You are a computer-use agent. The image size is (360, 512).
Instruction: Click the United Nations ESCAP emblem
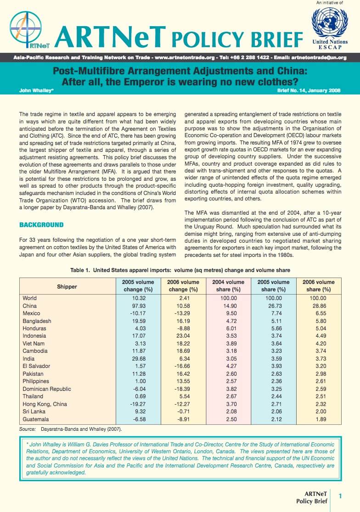329,22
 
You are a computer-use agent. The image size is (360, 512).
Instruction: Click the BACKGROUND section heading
41,225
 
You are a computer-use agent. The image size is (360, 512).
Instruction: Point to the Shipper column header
67,286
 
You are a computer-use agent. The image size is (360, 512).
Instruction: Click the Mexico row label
31,313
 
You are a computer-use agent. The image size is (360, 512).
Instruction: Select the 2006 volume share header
319,286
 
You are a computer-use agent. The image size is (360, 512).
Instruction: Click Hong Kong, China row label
45,404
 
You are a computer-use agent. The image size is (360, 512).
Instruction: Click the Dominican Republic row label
47,389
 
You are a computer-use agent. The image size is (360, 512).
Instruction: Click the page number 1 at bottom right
340,495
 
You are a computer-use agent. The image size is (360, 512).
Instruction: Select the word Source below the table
27,429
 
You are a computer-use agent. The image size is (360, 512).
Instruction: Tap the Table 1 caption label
80,270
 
